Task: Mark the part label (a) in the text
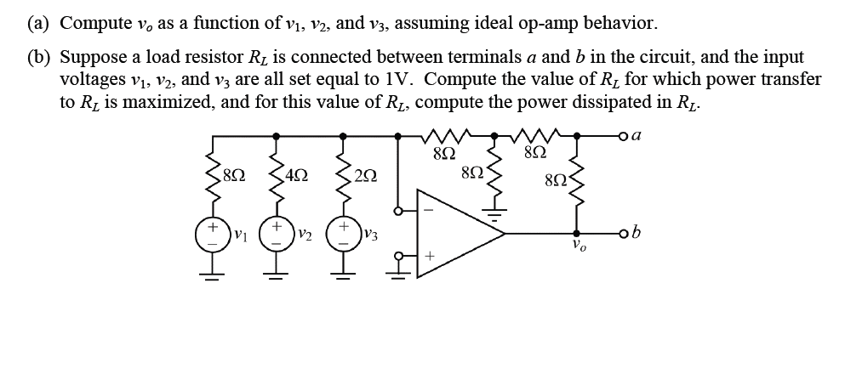pyautogui.click(x=37, y=23)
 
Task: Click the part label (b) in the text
pyautogui.click(x=37, y=58)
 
